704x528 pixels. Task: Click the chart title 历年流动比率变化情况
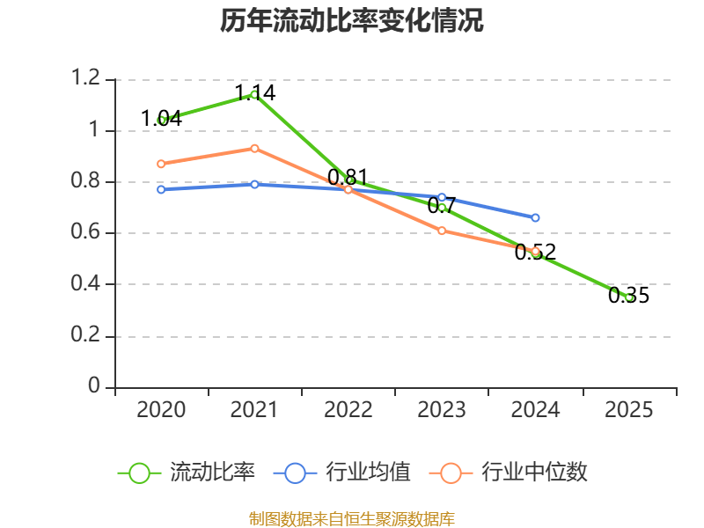tap(352, 21)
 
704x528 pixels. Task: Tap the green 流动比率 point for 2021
tap(254, 94)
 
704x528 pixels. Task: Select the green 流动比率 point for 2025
tap(629, 297)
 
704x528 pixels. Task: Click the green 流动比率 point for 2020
tap(161, 120)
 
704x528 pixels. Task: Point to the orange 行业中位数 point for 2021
tap(254, 148)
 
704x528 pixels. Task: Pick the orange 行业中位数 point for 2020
tap(161, 164)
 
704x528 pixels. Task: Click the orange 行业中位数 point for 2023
tap(442, 231)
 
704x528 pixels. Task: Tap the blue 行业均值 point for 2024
tap(535, 217)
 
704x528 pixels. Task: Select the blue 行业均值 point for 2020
tap(161, 189)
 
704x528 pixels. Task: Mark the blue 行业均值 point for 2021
tap(254, 184)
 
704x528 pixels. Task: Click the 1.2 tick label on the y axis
tap(88, 79)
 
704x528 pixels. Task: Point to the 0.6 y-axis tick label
tap(88, 233)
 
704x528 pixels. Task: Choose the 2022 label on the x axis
tap(348, 410)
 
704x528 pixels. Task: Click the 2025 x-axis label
tap(628, 410)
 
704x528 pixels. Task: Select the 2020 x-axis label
tap(161, 410)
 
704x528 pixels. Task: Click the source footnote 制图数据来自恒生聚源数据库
tap(352, 518)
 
